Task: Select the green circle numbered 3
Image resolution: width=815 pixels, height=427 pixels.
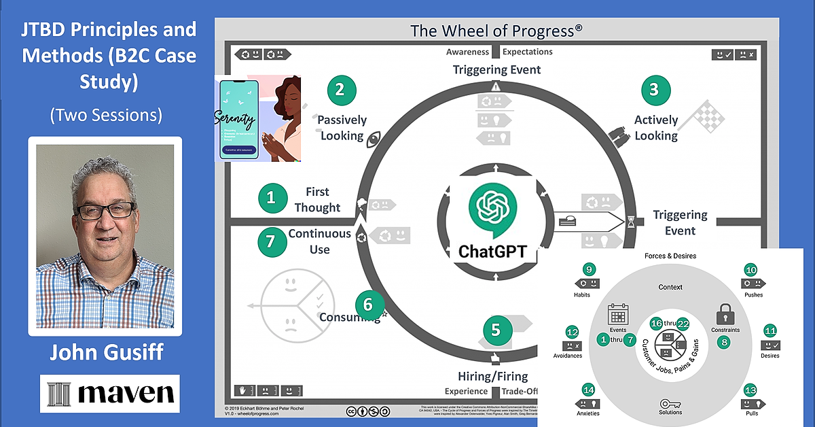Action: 655,90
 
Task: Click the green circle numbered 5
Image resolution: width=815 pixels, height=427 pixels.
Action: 496,330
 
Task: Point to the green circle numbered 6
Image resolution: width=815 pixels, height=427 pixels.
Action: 368,303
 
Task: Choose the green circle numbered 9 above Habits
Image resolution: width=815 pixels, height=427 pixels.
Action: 590,269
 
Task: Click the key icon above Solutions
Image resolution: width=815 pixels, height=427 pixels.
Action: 670,403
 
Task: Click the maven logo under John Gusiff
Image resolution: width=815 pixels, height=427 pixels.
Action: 110,393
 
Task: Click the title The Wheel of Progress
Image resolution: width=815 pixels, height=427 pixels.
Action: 496,31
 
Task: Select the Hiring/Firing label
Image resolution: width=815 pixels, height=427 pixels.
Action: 496,376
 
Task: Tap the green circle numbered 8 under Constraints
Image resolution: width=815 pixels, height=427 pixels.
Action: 725,342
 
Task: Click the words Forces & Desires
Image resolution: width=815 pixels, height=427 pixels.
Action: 670,256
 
